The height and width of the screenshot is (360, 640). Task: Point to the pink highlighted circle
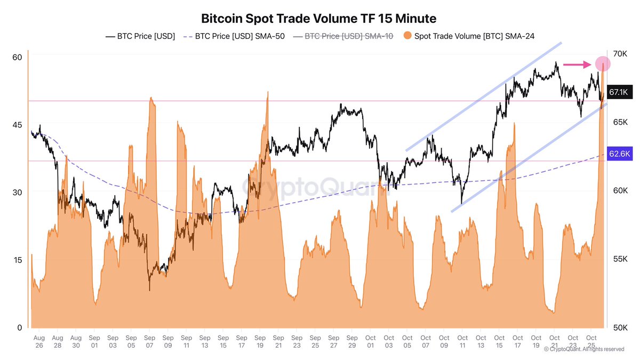click(603, 64)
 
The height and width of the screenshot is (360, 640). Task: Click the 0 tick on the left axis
click(19, 327)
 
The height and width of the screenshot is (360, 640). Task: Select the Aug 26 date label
click(39, 342)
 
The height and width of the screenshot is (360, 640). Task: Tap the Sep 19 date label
click(260, 342)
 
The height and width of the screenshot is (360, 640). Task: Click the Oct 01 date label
click(370, 342)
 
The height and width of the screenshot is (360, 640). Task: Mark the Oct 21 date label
click(554, 342)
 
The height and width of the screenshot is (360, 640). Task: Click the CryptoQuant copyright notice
click(584, 349)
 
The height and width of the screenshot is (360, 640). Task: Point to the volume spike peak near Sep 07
click(152, 98)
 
